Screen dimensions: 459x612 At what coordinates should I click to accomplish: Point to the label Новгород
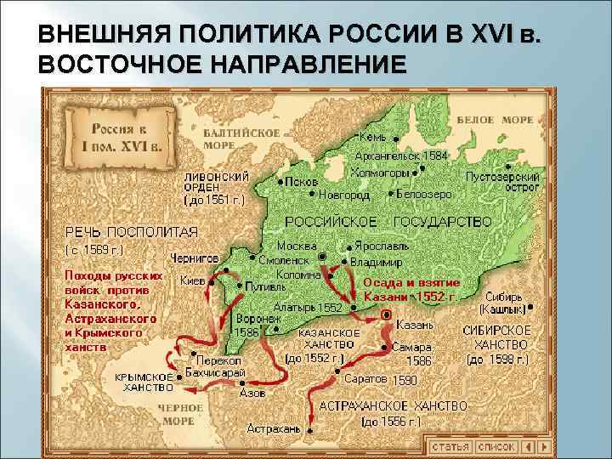click(x=344, y=195)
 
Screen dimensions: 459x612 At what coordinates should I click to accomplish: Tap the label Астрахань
click(x=274, y=429)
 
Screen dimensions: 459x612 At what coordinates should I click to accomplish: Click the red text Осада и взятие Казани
click(x=411, y=290)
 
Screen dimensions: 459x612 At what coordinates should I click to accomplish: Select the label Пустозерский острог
click(x=503, y=182)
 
